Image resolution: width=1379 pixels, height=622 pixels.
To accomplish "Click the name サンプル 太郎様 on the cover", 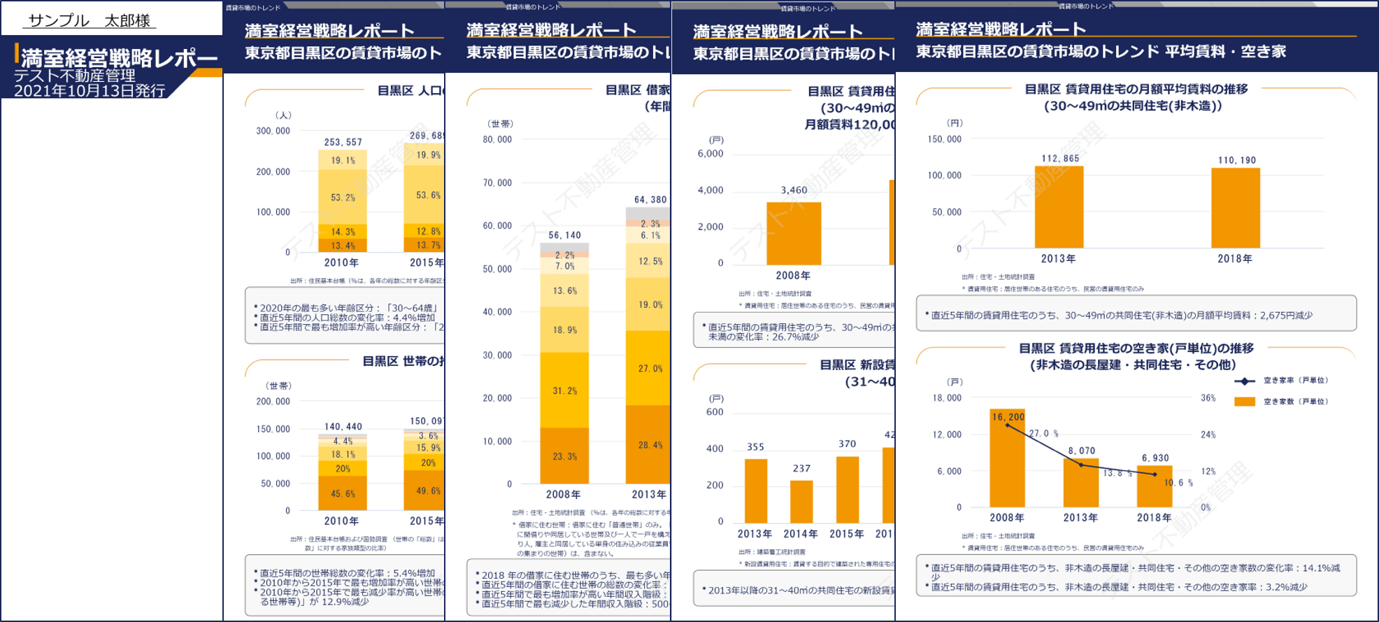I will coord(90,20).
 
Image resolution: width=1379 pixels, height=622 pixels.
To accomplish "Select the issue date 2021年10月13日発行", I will coord(90,91).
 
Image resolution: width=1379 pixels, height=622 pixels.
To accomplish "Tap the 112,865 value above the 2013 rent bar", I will coord(1060,158).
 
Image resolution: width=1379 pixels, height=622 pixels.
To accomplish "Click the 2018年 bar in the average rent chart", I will coord(1235,208).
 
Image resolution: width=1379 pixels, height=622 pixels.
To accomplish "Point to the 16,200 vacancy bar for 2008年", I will coord(1007,458).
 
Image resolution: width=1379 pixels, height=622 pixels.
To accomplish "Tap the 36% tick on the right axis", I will coord(1208,398).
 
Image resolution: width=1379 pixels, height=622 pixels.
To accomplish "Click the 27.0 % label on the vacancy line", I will coord(1043,434).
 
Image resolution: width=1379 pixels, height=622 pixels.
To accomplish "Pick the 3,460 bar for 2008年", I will coord(794,233).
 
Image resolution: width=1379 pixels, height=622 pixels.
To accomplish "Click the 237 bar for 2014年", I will coord(801,501).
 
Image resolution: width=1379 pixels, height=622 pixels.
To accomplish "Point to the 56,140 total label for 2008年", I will coord(564,235).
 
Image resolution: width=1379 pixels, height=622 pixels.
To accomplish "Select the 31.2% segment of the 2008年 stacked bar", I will coord(564,390).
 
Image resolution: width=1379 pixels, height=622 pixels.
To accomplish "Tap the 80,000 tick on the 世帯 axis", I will coord(497,139).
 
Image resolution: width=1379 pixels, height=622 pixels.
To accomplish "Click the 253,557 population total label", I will coord(343,142).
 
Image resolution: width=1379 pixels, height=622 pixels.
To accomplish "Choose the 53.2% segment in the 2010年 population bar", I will coord(343,197).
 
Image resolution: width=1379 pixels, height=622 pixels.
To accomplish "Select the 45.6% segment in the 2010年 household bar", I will coord(343,493).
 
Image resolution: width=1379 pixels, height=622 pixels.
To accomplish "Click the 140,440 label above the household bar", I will coord(343,426).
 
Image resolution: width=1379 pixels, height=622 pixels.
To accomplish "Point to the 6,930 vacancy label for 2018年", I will coord(1155,458).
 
